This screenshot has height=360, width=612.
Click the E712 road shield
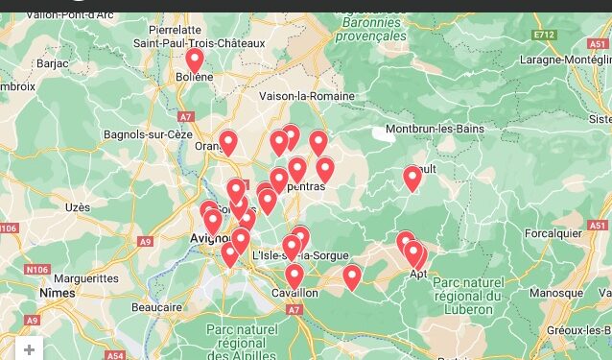point(545,35)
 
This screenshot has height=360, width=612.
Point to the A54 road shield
point(115,355)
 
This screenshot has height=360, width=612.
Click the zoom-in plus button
point(30,349)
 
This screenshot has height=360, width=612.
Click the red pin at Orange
point(228,143)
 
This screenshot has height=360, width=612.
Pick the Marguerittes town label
point(86,279)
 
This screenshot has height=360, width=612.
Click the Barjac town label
point(52,62)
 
